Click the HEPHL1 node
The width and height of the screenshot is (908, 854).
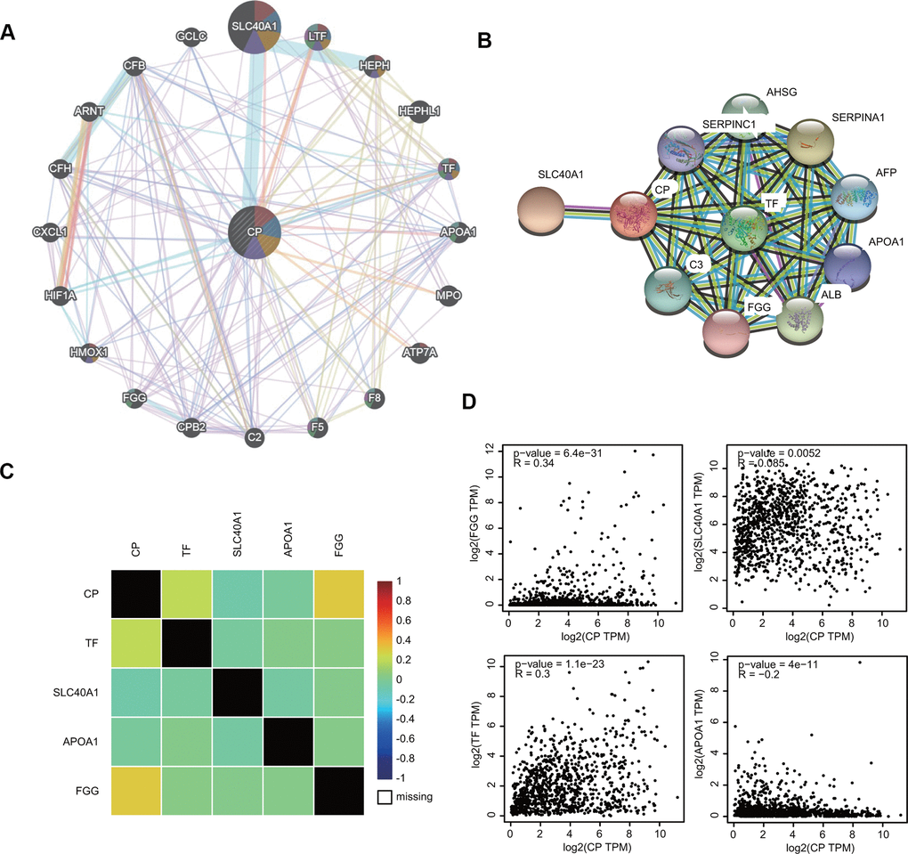(419, 110)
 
